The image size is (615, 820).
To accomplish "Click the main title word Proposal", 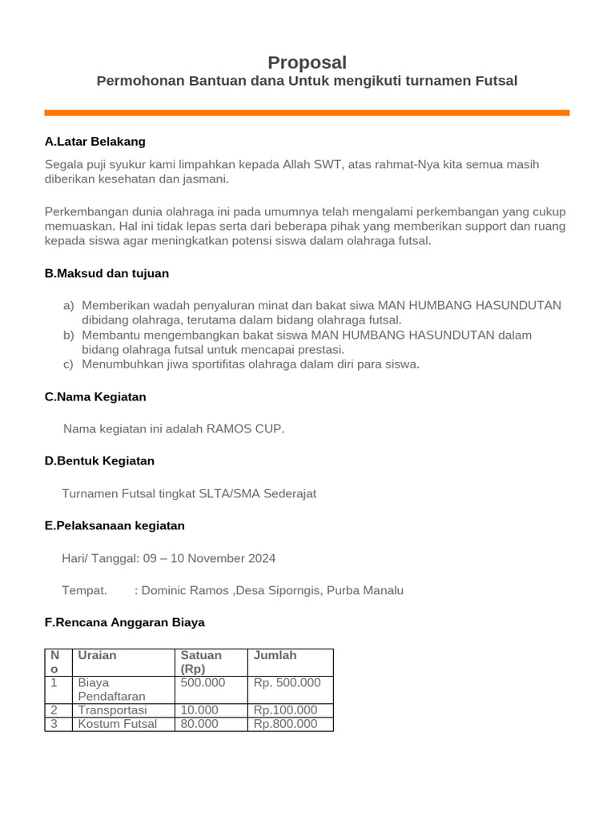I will pyautogui.click(x=307, y=62).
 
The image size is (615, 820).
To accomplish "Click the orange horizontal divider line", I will pyautogui.click(x=307, y=113).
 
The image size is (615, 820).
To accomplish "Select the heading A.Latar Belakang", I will pyautogui.click(x=95, y=142).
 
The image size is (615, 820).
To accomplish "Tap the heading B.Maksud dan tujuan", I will pyautogui.click(x=107, y=273).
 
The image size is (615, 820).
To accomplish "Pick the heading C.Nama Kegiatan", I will pyautogui.click(x=95, y=396).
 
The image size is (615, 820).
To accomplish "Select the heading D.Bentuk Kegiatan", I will pyautogui.click(x=99, y=461).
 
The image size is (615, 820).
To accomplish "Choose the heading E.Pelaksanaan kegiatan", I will pyautogui.click(x=115, y=525).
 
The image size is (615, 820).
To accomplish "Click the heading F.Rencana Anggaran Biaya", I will pyautogui.click(x=124, y=622).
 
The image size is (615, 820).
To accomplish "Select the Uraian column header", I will pyautogui.click(x=97, y=655).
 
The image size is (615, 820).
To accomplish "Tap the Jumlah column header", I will pyautogui.click(x=275, y=655).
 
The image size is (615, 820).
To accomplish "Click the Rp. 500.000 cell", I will pyautogui.click(x=287, y=683).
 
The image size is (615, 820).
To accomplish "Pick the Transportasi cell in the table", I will pyautogui.click(x=112, y=710).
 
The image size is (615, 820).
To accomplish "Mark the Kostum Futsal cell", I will pyautogui.click(x=117, y=724).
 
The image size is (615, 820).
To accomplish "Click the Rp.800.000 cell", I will pyautogui.click(x=285, y=724).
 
